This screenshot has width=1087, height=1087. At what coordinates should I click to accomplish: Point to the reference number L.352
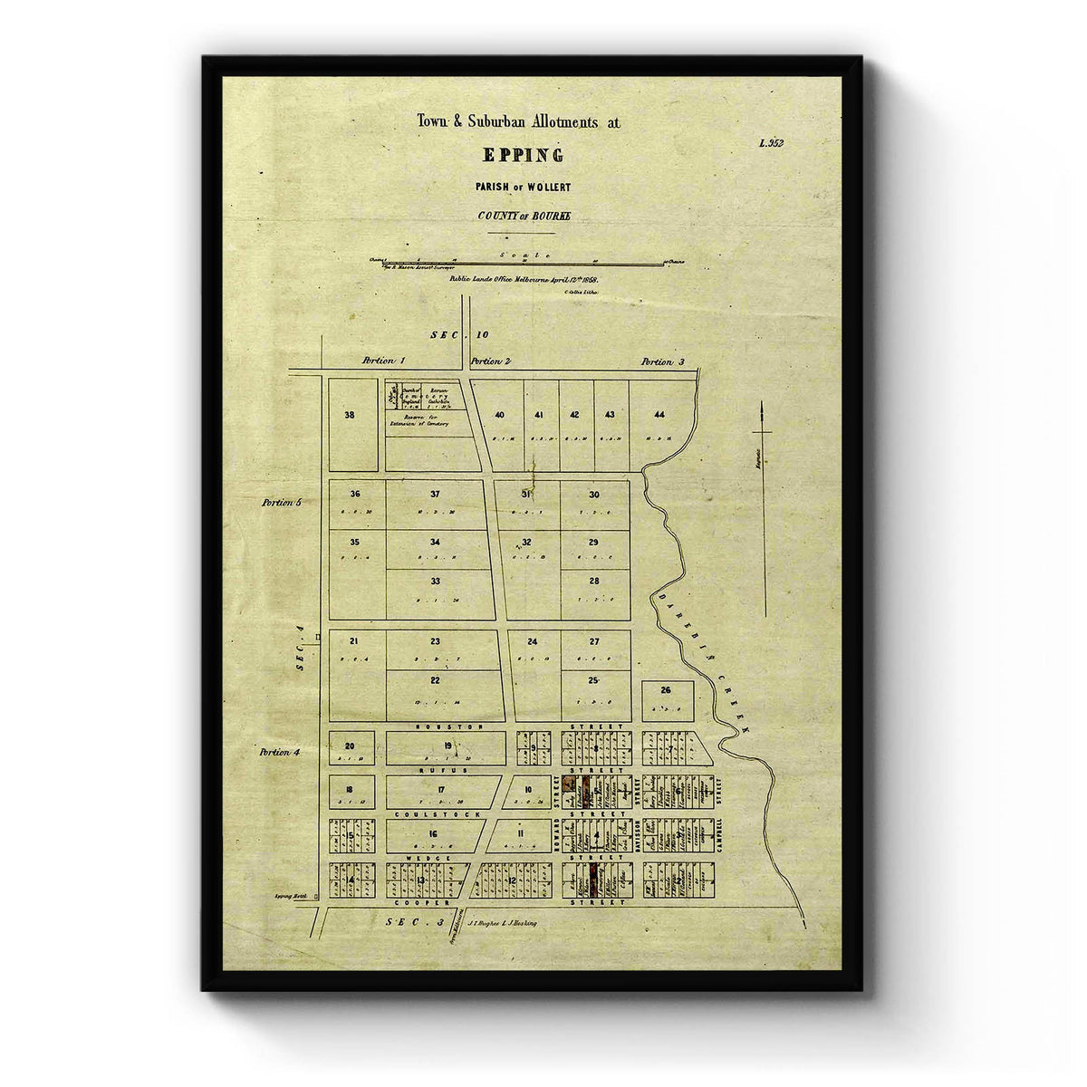771,142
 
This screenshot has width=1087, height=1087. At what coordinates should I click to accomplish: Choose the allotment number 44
659,415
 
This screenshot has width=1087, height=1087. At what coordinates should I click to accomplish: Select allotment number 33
435,581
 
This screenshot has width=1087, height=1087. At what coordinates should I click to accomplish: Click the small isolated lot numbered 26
667,690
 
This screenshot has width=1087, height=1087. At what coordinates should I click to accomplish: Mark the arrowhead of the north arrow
763,409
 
